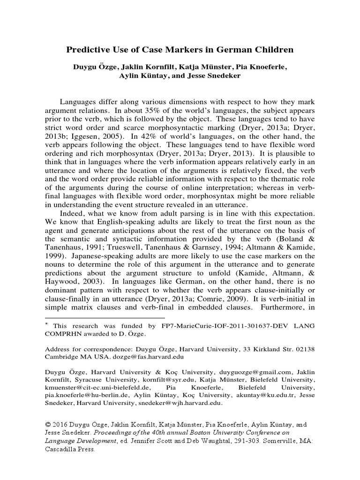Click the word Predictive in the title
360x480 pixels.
87,49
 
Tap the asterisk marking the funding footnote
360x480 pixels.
46,324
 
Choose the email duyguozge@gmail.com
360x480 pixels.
233,372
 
